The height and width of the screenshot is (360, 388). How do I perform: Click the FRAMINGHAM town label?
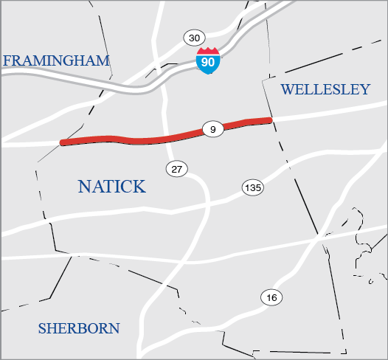[x=56, y=60]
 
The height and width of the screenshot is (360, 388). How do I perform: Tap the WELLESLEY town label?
[x=325, y=89]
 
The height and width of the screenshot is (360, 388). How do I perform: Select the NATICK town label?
[x=111, y=186]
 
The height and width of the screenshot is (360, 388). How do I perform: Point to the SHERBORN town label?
[x=79, y=328]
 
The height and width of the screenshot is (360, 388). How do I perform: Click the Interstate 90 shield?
[x=208, y=61]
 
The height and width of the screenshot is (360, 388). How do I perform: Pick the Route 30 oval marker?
[x=194, y=38]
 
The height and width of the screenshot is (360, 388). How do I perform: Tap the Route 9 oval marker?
[x=212, y=130]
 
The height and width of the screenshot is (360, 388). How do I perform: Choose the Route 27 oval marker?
[x=176, y=169]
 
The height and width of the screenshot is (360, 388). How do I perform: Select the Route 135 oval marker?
[x=252, y=188]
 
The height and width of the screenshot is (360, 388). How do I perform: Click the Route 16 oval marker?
[x=271, y=298]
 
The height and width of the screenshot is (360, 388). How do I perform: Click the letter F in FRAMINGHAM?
[x=7, y=60]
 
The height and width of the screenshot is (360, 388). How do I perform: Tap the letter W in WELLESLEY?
[x=287, y=89]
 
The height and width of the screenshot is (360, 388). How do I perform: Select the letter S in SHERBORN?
[x=42, y=328]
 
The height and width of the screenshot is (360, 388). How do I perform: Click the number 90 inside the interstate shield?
[x=208, y=63]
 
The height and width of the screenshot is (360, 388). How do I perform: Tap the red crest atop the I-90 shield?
[x=208, y=52]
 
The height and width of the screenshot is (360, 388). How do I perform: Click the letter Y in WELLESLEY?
[x=364, y=89]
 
